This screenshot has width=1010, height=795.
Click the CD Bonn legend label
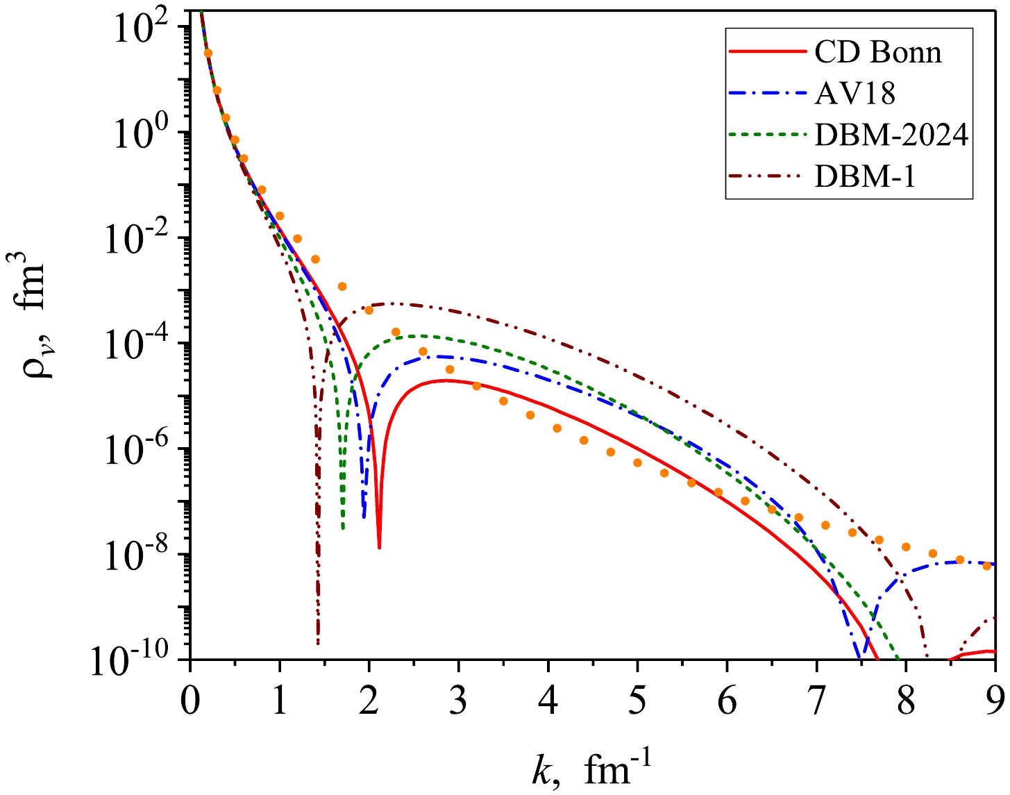(x=878, y=52)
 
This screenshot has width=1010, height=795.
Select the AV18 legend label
(x=855, y=93)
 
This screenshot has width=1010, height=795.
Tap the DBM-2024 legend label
(x=891, y=135)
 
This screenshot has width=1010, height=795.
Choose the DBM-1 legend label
(x=865, y=176)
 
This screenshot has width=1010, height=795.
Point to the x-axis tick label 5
(x=637, y=702)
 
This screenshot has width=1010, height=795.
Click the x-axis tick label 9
(x=995, y=702)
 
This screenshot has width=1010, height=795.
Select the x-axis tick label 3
(x=458, y=702)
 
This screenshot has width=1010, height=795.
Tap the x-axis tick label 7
(x=816, y=702)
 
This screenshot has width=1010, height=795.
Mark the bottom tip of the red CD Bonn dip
(x=379, y=547)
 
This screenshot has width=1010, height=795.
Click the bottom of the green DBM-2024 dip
(x=343, y=529)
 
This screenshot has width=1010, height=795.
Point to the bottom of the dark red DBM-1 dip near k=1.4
(x=318, y=643)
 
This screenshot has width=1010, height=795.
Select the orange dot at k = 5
(x=637, y=462)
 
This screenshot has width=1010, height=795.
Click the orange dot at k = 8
(x=906, y=546)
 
